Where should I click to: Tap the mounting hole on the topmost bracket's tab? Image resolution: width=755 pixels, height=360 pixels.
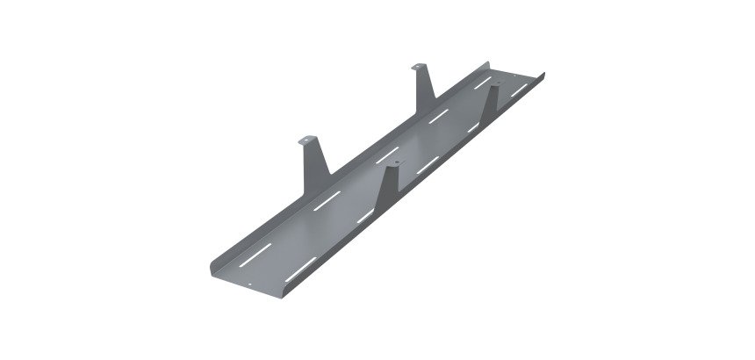coord(417,67)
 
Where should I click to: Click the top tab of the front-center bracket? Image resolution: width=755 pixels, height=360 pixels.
coord(392,163)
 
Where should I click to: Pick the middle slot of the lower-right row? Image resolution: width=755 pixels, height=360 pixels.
coord(429,163)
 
